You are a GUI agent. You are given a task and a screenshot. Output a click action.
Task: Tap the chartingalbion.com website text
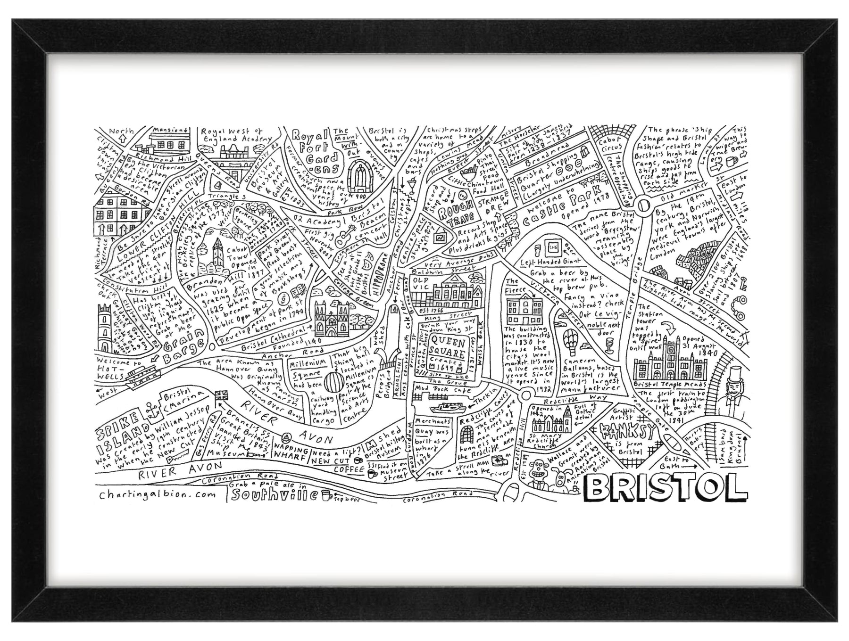tap(158, 494)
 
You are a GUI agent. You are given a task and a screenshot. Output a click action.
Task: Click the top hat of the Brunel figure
tap(733, 375)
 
